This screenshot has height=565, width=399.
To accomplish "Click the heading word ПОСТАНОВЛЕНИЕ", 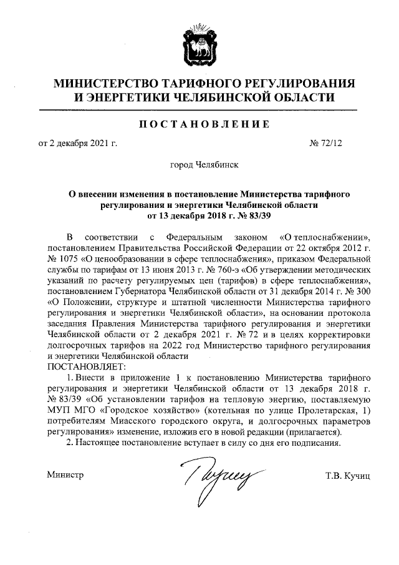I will (x=199, y=125).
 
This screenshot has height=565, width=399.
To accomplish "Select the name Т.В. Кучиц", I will (x=348, y=476).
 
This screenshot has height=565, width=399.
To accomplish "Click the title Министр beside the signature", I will (x=65, y=476).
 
